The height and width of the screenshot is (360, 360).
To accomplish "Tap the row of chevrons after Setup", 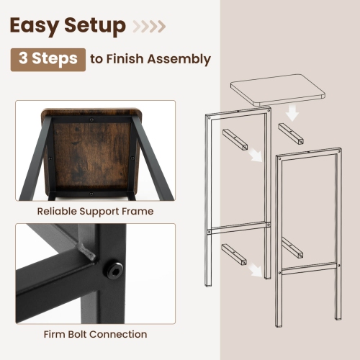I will (150, 27).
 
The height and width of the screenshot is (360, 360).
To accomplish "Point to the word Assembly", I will (179, 60).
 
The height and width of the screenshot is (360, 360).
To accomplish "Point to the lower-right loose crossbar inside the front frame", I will (292, 247).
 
